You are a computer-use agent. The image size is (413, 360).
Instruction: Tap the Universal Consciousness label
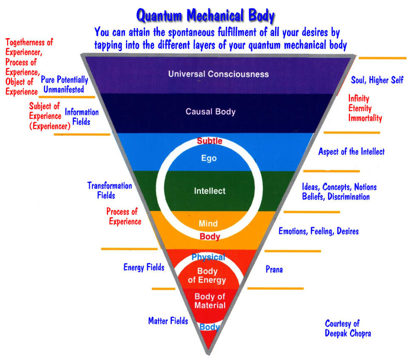click(x=218, y=74)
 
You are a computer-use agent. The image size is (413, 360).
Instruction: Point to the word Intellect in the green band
click(x=210, y=191)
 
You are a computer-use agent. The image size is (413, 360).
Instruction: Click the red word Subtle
click(x=209, y=141)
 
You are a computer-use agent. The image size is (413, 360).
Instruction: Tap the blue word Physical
click(x=209, y=257)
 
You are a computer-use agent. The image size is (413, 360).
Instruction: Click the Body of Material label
click(x=210, y=301)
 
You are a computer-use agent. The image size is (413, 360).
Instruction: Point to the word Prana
click(x=274, y=269)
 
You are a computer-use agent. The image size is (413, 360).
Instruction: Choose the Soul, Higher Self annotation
click(x=377, y=80)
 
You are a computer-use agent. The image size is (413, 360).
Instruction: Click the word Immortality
click(x=365, y=118)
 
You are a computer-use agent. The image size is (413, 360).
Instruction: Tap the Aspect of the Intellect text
click(x=351, y=152)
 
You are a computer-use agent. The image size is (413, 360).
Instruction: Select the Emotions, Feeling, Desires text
click(x=319, y=231)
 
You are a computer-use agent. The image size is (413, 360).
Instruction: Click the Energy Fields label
click(x=144, y=268)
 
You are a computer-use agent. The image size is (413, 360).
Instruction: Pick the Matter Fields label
click(x=168, y=321)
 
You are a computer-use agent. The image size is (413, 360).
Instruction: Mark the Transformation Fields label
click(x=109, y=191)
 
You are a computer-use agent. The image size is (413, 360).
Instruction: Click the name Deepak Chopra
click(x=347, y=333)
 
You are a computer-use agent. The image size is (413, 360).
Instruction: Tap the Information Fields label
click(x=78, y=117)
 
